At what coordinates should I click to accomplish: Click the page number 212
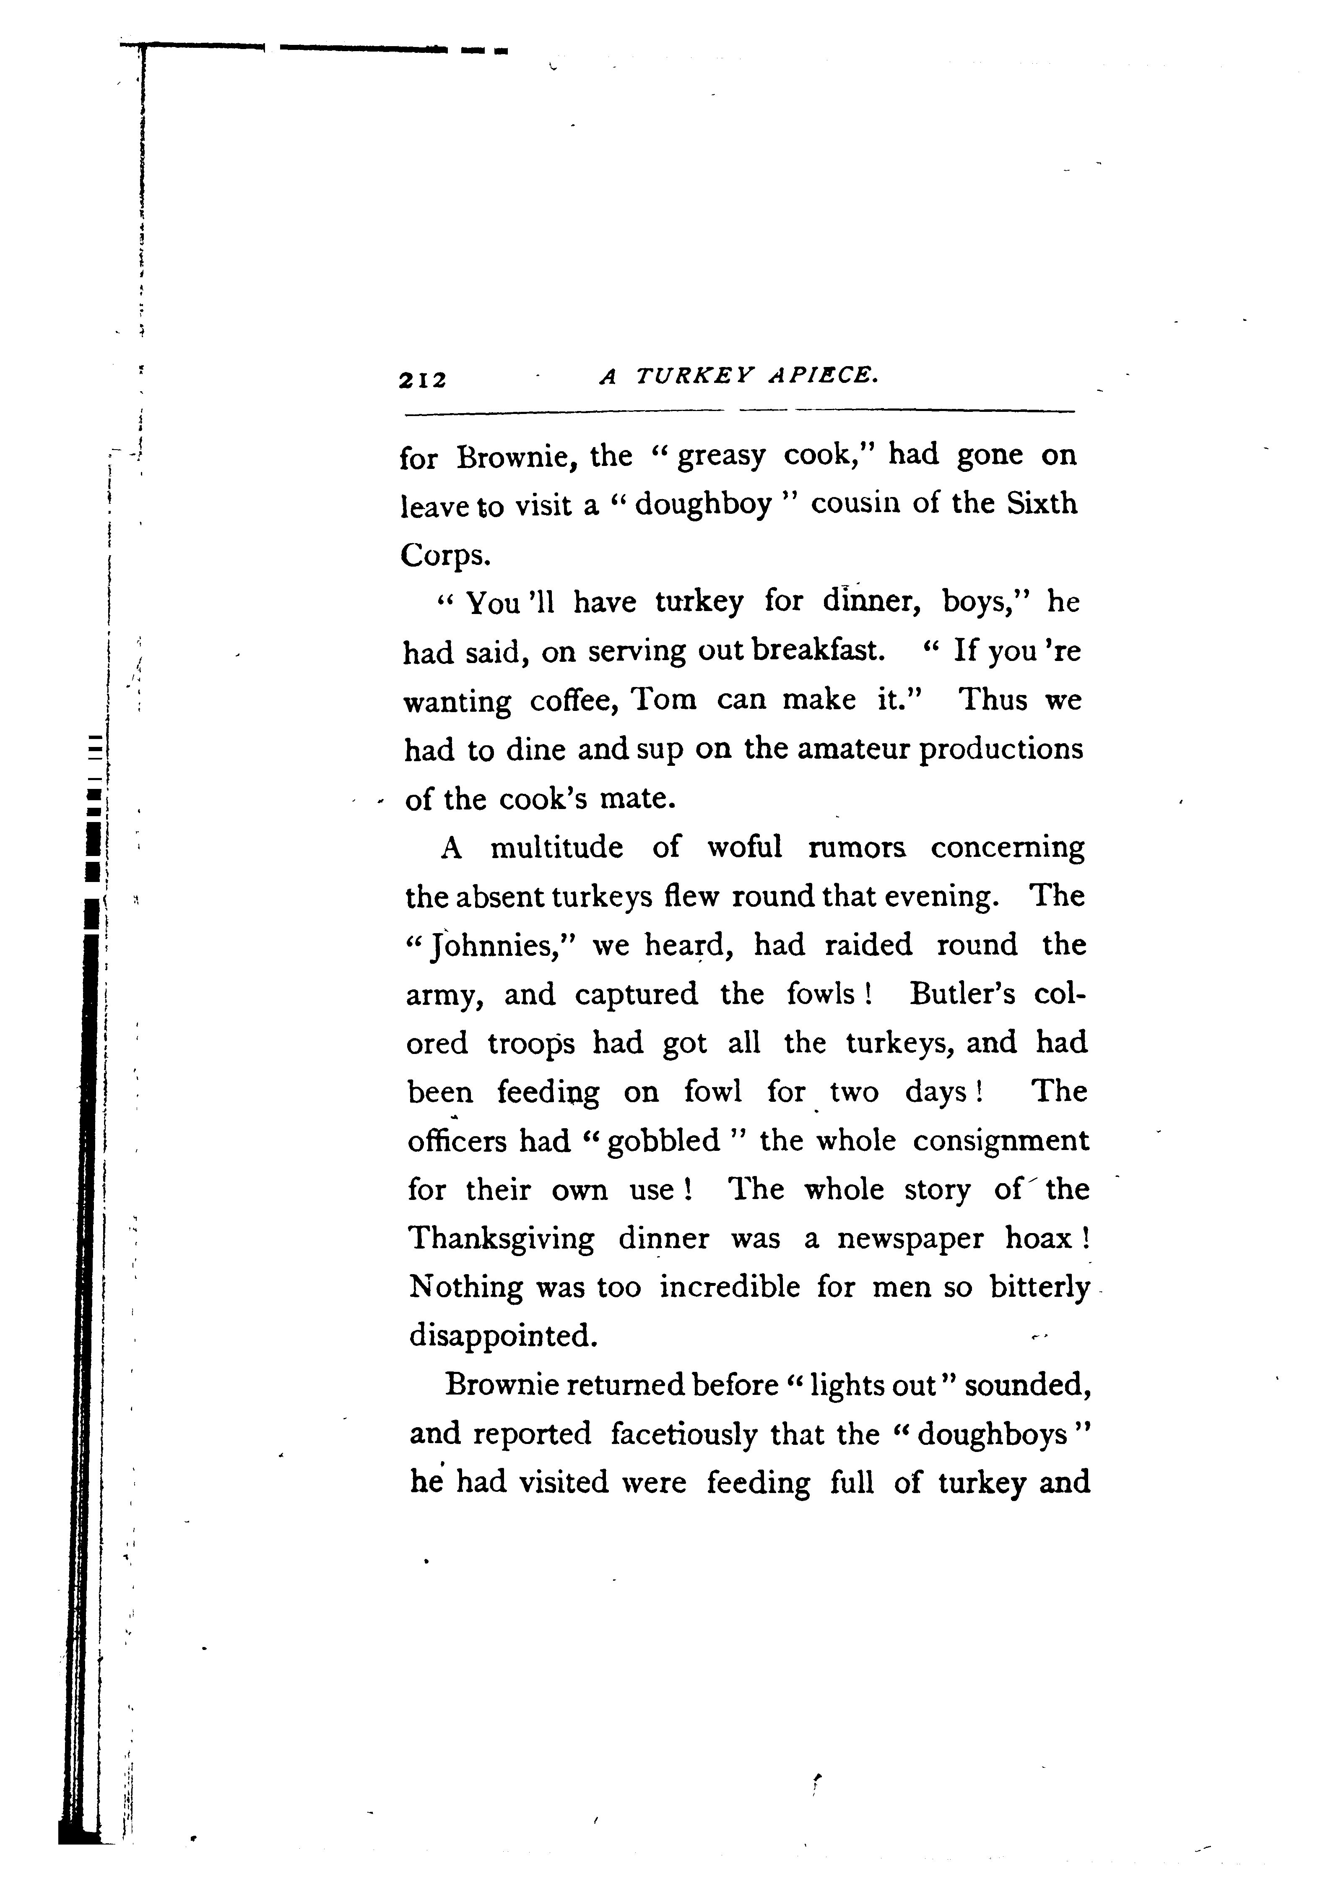(x=423, y=380)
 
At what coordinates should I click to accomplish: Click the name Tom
(x=664, y=700)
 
